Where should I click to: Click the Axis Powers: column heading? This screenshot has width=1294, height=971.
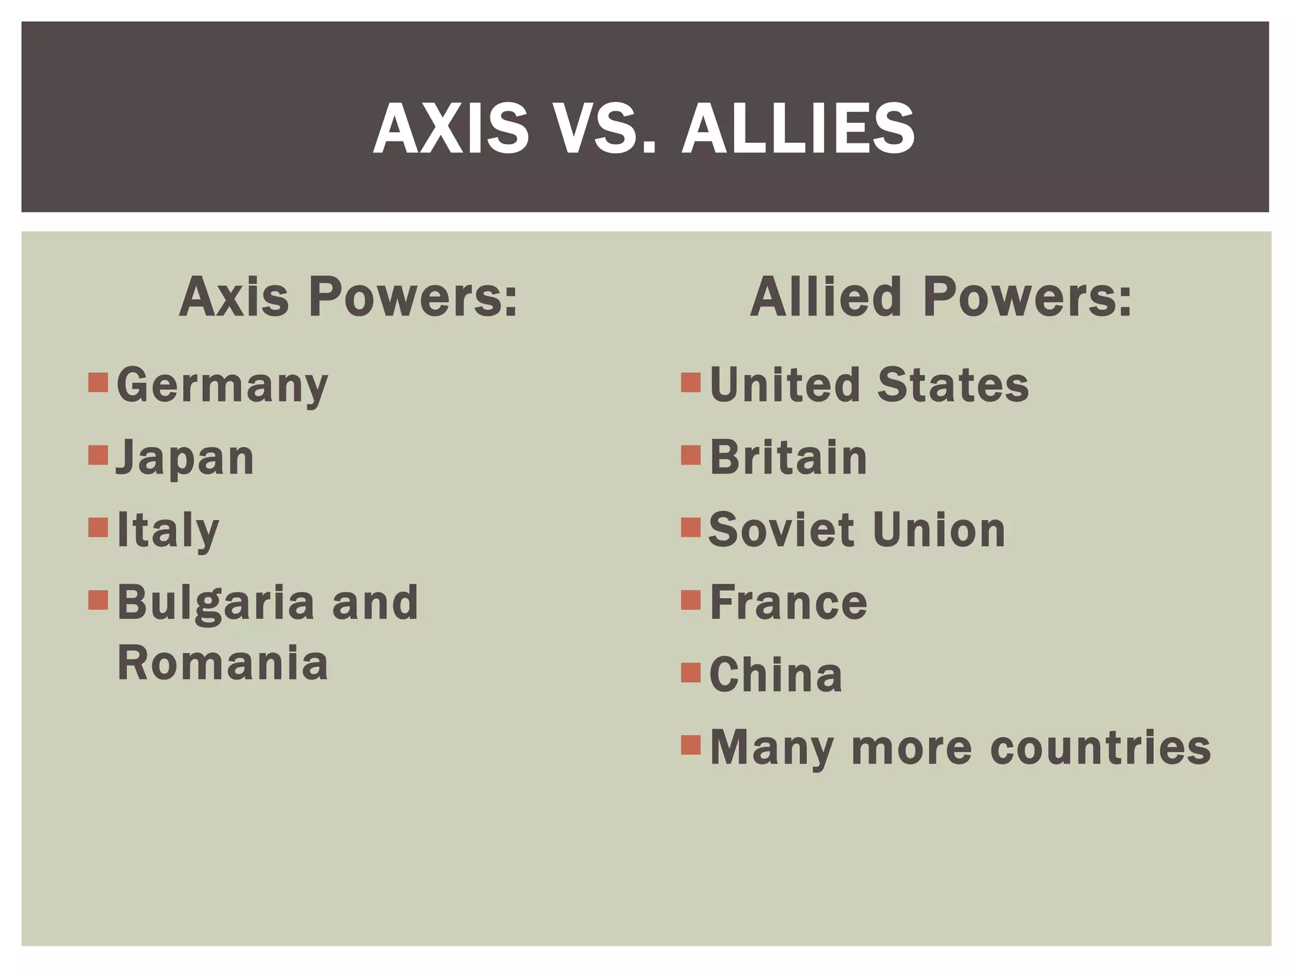(x=348, y=296)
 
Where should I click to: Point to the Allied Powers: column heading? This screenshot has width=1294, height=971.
(x=941, y=296)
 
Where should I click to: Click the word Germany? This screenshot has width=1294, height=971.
(x=222, y=386)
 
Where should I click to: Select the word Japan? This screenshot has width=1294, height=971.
(x=185, y=458)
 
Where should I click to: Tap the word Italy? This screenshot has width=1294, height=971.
(x=168, y=530)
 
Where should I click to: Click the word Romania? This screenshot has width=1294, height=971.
(x=223, y=663)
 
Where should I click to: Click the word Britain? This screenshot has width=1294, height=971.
(x=789, y=457)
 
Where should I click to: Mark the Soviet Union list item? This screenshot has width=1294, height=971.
(x=857, y=530)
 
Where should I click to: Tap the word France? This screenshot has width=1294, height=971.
(x=789, y=602)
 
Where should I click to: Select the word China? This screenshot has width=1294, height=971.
(x=776, y=675)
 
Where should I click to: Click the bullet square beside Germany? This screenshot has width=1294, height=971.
(x=98, y=382)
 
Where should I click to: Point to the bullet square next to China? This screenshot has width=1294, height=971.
(x=691, y=673)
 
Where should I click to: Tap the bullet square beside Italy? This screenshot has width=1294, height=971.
(x=98, y=527)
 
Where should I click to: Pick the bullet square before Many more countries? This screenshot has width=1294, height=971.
(x=691, y=745)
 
